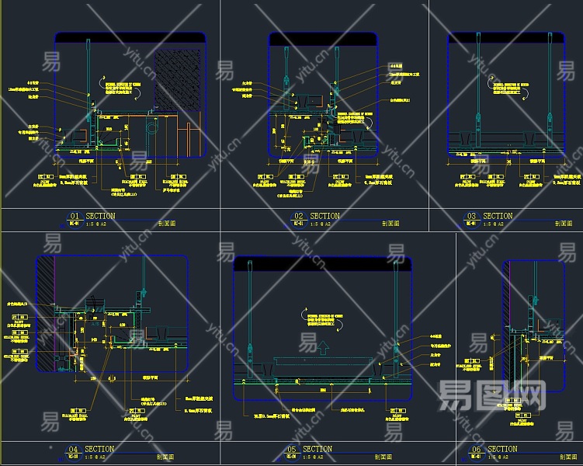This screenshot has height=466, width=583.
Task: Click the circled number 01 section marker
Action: (75, 217)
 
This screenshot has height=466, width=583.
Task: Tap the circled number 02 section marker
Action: (298, 217)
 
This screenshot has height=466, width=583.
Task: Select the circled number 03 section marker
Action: (470, 217)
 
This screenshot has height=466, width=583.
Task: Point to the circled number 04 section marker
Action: (73, 450)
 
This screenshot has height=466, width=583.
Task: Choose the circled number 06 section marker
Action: (477, 450)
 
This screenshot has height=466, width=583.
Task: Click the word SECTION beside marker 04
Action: (99, 450)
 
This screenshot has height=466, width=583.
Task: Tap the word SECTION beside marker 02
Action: (324, 217)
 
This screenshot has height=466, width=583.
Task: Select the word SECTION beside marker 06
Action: (502, 450)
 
